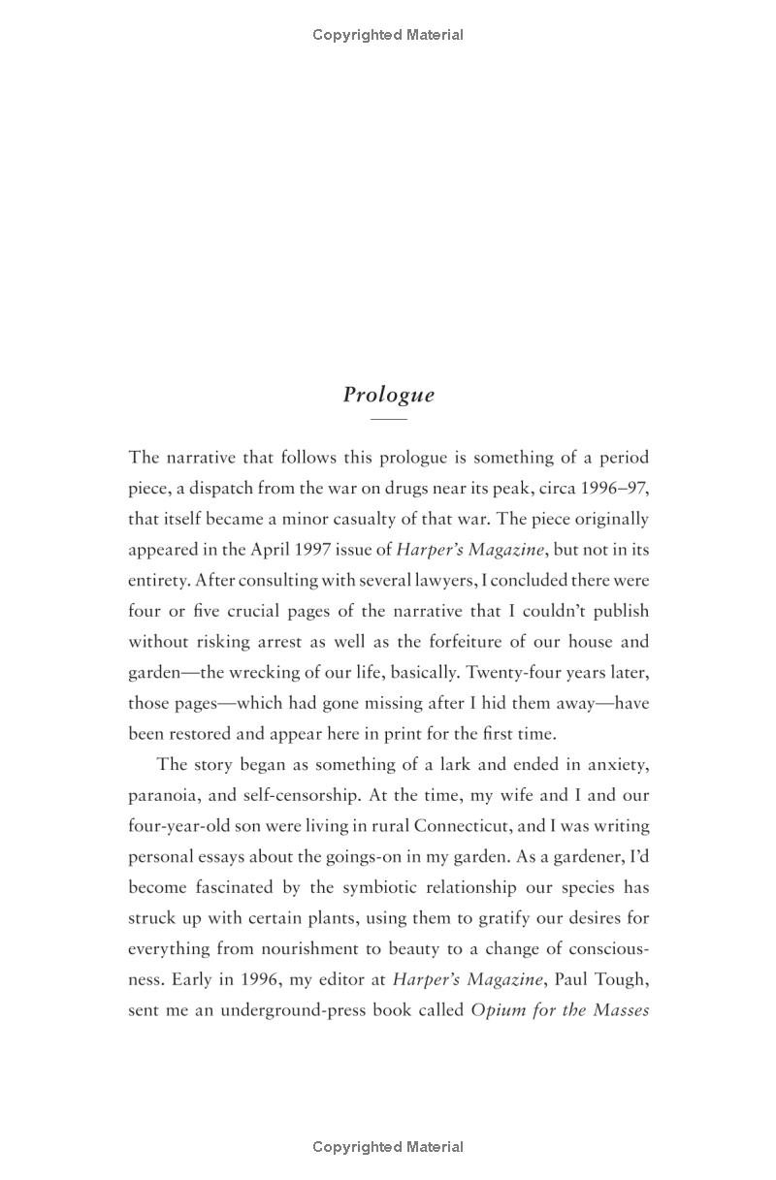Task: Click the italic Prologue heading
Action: (x=388, y=395)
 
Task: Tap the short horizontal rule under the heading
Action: (x=388, y=419)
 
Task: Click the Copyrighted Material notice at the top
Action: (x=388, y=35)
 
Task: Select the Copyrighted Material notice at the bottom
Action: (x=388, y=1147)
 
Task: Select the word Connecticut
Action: (x=471, y=826)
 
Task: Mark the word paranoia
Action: (x=162, y=795)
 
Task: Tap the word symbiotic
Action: (x=380, y=887)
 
